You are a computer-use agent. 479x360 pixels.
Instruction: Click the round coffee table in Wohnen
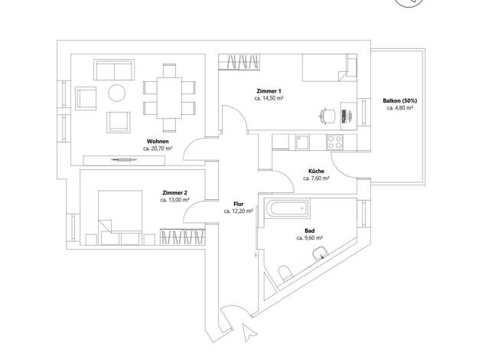coord(117,93)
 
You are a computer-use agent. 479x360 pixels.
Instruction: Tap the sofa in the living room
coord(114,70)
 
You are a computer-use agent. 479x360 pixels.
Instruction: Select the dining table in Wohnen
coord(169,98)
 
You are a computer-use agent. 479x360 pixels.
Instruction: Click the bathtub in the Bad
coord(287,208)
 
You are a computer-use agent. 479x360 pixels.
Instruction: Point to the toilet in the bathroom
coord(285,273)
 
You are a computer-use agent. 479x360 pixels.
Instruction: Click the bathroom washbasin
coord(320,254)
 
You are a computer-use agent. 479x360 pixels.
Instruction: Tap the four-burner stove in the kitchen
coord(334,142)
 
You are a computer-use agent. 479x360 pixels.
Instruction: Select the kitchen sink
coord(301,142)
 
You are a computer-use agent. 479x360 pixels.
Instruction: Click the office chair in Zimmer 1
coord(327,116)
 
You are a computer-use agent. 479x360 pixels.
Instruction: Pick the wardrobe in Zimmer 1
coord(239,62)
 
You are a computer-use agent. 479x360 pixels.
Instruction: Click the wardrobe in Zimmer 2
coord(182,237)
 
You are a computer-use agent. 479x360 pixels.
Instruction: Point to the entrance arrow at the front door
coord(249,332)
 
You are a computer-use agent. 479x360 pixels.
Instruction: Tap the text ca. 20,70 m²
coord(158,149)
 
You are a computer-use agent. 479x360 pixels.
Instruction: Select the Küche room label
coord(316,172)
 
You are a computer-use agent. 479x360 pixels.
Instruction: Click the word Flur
coord(239,204)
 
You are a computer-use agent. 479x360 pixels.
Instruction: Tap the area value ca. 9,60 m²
coord(310,237)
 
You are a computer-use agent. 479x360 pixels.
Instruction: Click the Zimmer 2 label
coord(174,193)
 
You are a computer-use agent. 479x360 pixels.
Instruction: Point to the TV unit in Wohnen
coord(124,160)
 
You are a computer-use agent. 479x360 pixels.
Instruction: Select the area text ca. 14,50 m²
coord(269,99)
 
